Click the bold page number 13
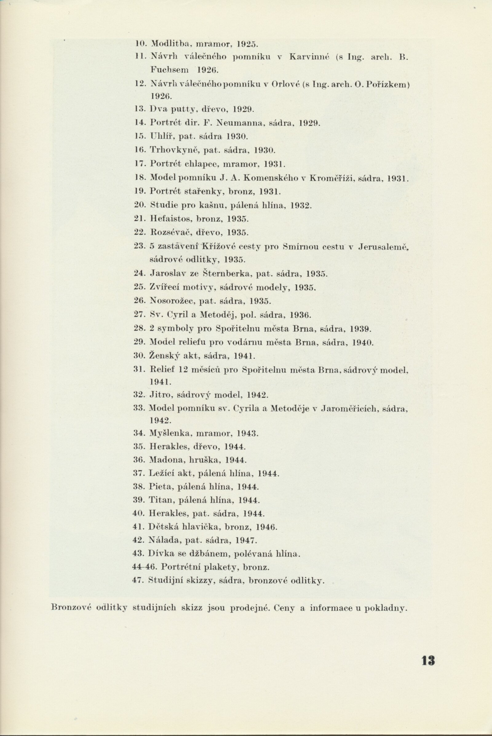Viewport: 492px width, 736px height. point(428,661)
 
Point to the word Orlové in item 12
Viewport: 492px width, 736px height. point(284,84)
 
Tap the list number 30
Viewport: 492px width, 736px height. point(138,356)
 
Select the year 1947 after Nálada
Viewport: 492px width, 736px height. point(246,541)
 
